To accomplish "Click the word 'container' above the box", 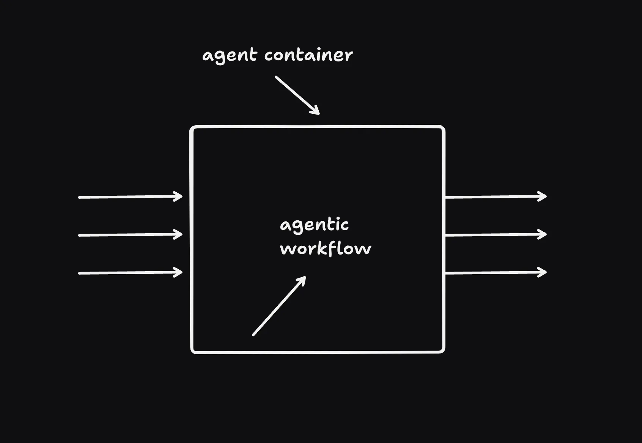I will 308,55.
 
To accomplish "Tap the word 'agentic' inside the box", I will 314,225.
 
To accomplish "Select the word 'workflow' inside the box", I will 326,249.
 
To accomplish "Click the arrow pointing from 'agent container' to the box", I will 297,95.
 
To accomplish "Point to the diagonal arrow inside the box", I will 279,306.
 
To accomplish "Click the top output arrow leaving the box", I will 495,197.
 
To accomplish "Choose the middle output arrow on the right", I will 495,235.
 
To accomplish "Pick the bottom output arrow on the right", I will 495,273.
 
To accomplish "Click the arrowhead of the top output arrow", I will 543,196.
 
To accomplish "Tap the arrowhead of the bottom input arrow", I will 179,272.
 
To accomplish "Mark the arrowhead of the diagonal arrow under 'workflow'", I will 302,280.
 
